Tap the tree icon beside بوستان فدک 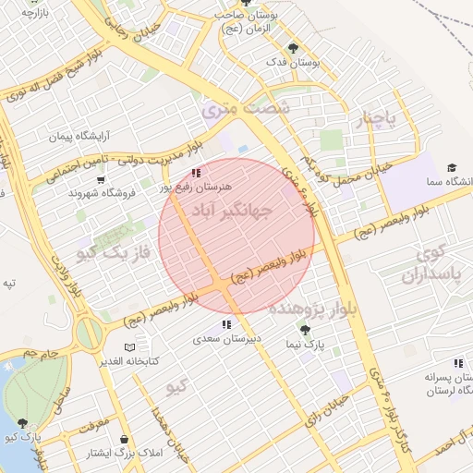coord(294,47)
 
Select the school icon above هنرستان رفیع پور coord(195,173)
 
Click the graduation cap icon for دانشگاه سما coord(452,167)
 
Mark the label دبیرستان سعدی coord(227,339)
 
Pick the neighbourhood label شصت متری coord(245,108)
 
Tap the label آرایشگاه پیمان coord(73,136)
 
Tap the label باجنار coord(378,119)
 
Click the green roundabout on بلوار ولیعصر coord(90,333)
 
